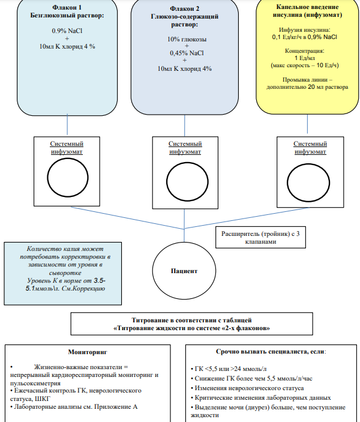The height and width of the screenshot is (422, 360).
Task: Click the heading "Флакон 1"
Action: click(x=67, y=8)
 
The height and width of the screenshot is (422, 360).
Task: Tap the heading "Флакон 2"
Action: click(x=184, y=8)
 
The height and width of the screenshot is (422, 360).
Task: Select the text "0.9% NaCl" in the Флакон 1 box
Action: click(x=67, y=31)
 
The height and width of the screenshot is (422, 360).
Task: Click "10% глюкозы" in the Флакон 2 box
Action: click(x=187, y=39)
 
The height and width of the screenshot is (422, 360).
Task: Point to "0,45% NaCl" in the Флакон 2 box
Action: click(x=187, y=53)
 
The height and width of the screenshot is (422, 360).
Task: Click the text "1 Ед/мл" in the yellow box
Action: click(x=305, y=58)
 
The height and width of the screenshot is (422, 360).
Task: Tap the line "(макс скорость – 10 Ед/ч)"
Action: click(x=305, y=65)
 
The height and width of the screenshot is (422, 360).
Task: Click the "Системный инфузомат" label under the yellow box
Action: click(x=310, y=148)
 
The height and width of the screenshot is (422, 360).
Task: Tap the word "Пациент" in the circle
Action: click(x=184, y=271)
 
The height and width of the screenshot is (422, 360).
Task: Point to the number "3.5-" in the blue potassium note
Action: click(x=100, y=280)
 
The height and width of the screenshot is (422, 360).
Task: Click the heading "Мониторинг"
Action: click(x=88, y=352)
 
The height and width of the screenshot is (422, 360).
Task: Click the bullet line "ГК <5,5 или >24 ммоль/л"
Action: click(x=229, y=369)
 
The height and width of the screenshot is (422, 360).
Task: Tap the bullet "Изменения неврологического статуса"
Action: click(x=247, y=388)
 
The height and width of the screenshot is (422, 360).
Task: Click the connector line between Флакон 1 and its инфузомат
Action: click(x=67, y=124)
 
